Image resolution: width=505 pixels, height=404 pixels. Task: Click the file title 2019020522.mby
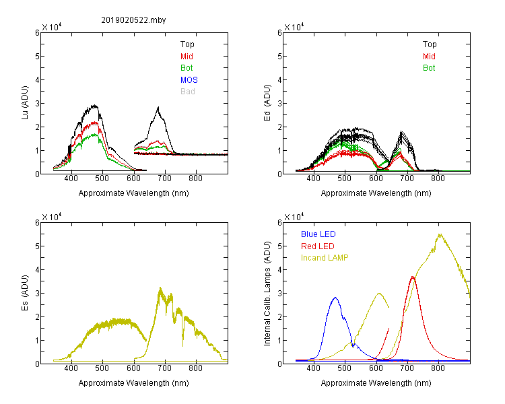133,20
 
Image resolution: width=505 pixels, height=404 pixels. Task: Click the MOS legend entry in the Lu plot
189,79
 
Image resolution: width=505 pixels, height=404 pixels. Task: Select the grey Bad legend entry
188,91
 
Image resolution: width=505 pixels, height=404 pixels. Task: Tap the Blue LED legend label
318,234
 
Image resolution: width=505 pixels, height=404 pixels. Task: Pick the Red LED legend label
317,246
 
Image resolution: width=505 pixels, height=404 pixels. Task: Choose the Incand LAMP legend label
325,257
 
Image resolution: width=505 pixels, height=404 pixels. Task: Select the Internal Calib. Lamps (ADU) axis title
268,294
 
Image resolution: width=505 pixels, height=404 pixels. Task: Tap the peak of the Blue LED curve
335,298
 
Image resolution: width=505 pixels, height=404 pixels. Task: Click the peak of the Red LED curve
413,277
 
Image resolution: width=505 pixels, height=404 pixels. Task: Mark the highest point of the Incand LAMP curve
440,234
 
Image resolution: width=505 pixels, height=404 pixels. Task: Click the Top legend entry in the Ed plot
430,44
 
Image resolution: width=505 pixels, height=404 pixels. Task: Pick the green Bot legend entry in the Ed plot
429,68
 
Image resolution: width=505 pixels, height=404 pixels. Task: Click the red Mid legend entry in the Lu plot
187,56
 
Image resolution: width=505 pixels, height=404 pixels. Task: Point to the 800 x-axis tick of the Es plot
196,368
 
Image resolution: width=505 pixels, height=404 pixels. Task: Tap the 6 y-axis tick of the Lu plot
36,32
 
